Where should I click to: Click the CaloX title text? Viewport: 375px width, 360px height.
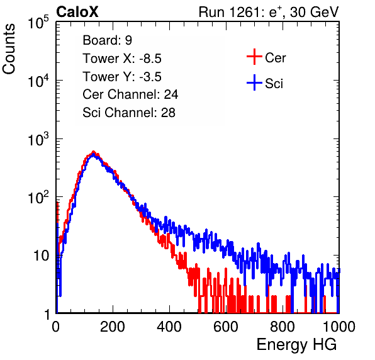77,12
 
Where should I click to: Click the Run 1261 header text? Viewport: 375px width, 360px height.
269,12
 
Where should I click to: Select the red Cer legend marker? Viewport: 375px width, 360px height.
254,57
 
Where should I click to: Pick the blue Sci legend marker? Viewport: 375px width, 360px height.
254,82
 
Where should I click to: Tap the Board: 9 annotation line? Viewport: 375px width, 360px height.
108,40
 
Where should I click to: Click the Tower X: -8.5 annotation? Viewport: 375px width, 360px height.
122,59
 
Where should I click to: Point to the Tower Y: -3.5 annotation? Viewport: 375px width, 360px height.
122,77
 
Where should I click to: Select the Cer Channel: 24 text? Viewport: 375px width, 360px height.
130,94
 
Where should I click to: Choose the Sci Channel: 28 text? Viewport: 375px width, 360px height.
129,113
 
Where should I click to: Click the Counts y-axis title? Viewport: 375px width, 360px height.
9,49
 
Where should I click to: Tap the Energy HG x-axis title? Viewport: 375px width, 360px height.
296,345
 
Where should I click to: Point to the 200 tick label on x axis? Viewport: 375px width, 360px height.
113,327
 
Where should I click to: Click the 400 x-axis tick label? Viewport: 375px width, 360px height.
169,327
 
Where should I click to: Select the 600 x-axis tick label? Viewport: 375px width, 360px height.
226,327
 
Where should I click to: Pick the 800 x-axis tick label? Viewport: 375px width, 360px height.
283,327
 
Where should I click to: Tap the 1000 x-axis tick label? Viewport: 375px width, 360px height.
339,327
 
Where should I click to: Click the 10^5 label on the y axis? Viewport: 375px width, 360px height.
38,22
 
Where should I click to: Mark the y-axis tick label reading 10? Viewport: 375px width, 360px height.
41,256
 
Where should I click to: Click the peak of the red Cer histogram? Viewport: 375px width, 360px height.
94,152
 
